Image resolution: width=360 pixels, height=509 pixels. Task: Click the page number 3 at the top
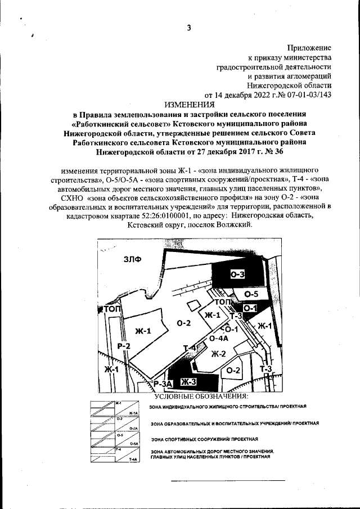point(189,29)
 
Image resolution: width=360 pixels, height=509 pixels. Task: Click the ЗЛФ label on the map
point(133,259)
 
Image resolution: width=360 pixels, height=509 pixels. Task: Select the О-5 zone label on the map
point(251,294)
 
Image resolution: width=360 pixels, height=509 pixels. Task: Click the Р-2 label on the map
point(124,346)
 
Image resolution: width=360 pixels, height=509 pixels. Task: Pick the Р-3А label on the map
point(162,384)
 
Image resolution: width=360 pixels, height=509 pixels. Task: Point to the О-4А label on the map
point(218,339)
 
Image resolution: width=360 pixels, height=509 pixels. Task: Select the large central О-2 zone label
point(184,323)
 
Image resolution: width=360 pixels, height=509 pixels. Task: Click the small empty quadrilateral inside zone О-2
point(193,305)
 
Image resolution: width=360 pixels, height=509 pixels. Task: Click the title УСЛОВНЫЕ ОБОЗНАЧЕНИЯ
point(200,398)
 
